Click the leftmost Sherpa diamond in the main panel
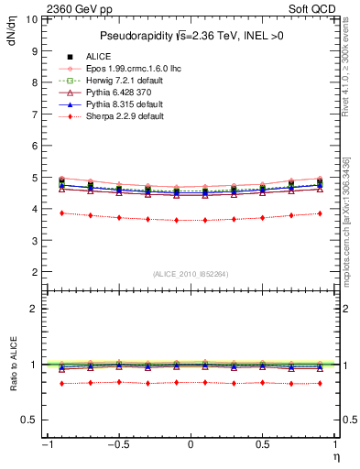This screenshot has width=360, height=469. (60, 213)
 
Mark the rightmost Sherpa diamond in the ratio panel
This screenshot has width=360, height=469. (320, 383)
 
